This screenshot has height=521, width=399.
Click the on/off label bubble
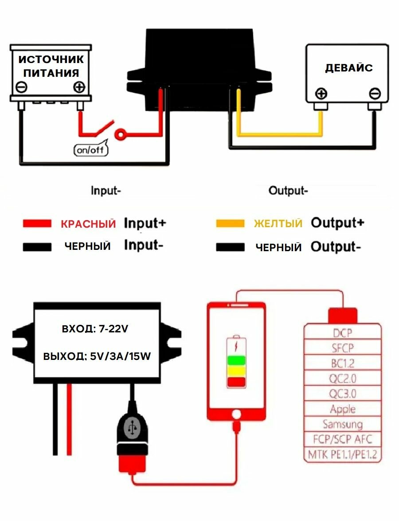(x=90, y=150)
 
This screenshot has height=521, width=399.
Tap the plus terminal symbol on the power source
(x=79, y=87)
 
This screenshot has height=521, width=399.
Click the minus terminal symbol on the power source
(x=21, y=87)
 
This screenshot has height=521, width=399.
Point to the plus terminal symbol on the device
(x=321, y=94)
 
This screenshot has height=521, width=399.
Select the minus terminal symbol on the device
(x=375, y=94)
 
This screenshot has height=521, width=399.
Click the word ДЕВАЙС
(x=349, y=68)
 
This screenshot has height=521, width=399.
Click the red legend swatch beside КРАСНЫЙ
(x=37, y=224)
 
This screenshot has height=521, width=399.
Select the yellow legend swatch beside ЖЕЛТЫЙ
(x=230, y=223)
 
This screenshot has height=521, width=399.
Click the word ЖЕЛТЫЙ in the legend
(x=278, y=223)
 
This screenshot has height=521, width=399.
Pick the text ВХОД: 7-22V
(x=95, y=329)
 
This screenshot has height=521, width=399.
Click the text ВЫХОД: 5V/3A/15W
(x=95, y=356)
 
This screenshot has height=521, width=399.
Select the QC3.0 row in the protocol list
(x=343, y=394)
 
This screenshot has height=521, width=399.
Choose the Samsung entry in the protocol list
(x=343, y=424)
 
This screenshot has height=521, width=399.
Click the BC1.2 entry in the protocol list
(x=343, y=363)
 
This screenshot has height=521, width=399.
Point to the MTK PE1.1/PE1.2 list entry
(x=343, y=454)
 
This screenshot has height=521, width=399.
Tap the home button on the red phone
(x=236, y=414)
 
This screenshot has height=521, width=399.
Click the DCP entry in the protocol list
(x=343, y=333)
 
